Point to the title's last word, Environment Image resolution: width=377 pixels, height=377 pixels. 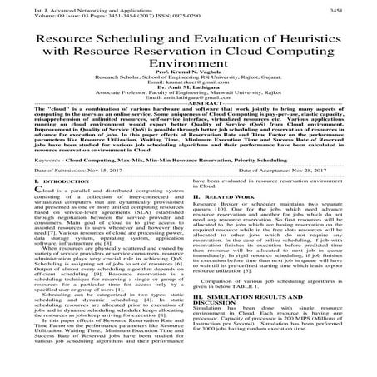coord(188,74)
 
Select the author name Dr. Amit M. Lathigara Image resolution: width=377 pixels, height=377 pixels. coord(188,105)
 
